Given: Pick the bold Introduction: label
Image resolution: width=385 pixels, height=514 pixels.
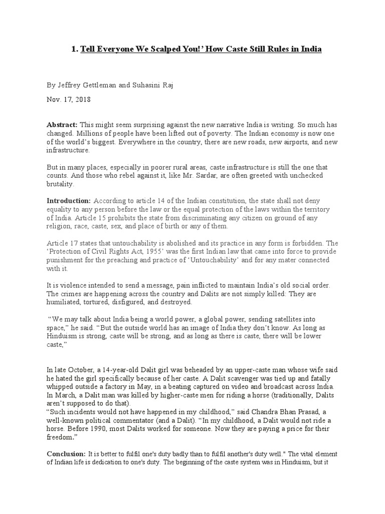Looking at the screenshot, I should coord(69,200).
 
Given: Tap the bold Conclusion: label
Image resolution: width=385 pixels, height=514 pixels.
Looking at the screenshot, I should coord(66,453).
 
